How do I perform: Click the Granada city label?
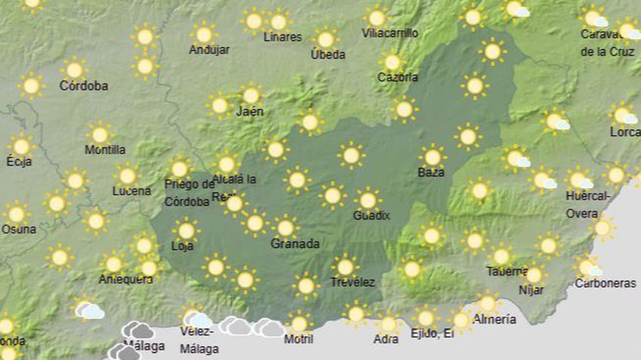click(295, 243)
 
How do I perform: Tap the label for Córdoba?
click(84, 86)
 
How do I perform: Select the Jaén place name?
click(250, 111)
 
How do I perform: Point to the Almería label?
click(494, 319)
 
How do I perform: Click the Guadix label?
click(371, 215)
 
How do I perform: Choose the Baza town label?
click(431, 173)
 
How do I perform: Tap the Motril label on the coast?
click(298, 339)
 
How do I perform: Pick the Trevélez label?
click(353, 282)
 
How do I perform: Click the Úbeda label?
click(328, 54)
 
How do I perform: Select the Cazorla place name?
click(397, 77)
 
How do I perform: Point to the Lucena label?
click(131, 191)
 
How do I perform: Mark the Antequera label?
click(126, 279)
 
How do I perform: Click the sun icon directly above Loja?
click(186, 231)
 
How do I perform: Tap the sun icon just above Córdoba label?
click(75, 70)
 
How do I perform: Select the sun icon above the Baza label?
click(433, 157)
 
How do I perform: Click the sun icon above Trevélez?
click(345, 267)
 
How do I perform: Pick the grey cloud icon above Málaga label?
click(138, 330)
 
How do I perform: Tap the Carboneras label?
click(605, 284)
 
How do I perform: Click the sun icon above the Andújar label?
click(204, 35)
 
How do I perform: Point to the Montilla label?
click(105, 150)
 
